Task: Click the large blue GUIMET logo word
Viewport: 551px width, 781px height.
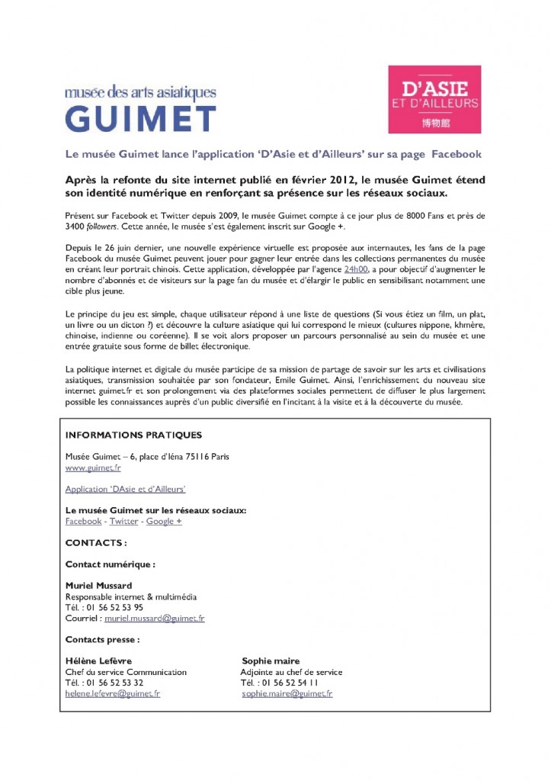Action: (x=140, y=117)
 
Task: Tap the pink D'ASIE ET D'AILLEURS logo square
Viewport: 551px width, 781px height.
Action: (x=434, y=99)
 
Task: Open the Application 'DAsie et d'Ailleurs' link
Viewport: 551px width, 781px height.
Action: (x=126, y=489)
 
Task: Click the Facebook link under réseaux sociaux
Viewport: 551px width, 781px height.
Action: (x=83, y=521)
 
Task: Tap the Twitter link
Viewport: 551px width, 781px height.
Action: (x=123, y=521)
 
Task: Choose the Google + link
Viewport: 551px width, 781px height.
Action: (x=164, y=521)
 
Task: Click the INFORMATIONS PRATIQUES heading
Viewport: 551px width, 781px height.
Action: (x=133, y=435)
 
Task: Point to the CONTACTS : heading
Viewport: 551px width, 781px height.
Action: (x=96, y=543)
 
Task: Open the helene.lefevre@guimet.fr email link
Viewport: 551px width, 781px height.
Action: (x=113, y=693)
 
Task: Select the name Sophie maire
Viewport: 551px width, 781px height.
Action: (x=271, y=660)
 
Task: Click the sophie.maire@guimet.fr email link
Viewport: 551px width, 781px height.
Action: (x=287, y=693)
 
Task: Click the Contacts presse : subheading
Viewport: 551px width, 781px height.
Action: (x=102, y=639)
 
